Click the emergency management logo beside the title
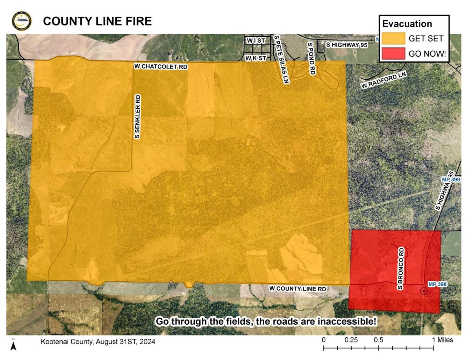pos(21,21)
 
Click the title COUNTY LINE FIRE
pos(97,21)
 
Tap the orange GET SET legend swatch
pos(393,38)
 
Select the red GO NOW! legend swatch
pos(393,54)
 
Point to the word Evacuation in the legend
pos(407,24)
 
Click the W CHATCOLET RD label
pos(161,66)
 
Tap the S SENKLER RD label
pos(137,116)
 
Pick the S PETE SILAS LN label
pos(282,59)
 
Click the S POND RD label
pos(311,58)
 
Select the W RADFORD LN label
pos(383,80)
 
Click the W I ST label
pos(256,41)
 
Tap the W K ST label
pos(256,58)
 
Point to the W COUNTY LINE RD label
pos(297,289)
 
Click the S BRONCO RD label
pos(401,268)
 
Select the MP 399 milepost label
pos(451,179)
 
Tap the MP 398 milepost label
pos(437,284)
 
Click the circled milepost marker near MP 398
pos(424,291)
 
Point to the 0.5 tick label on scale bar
pos(378,340)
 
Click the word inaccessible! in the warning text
pos(347,321)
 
